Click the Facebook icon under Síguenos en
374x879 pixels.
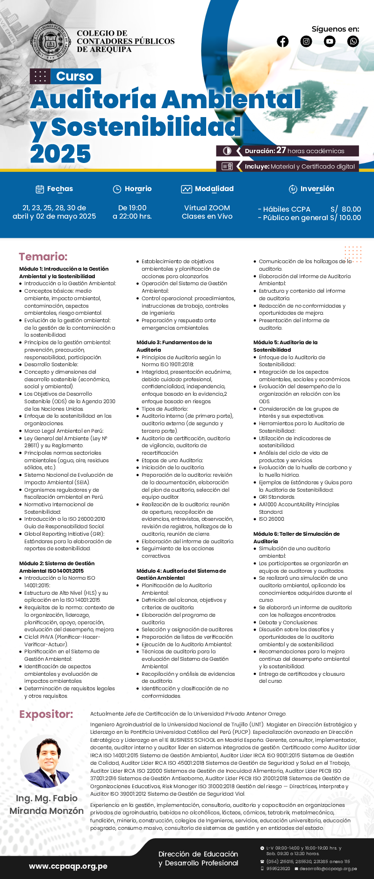coord(283,41)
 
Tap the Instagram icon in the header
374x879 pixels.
coord(306,41)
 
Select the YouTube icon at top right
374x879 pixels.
coord(330,41)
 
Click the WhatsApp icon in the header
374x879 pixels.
coord(353,41)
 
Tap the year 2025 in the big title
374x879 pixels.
coord(61,154)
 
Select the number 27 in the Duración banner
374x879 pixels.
coord(281,150)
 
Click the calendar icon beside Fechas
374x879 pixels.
coord(40,189)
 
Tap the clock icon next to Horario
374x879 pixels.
coord(117,189)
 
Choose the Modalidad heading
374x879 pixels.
coord(214,189)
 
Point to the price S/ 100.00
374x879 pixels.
coord(345,218)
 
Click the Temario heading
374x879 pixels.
coord(43,257)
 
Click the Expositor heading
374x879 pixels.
coord(46,715)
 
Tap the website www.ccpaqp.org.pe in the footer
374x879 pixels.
coord(68,866)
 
